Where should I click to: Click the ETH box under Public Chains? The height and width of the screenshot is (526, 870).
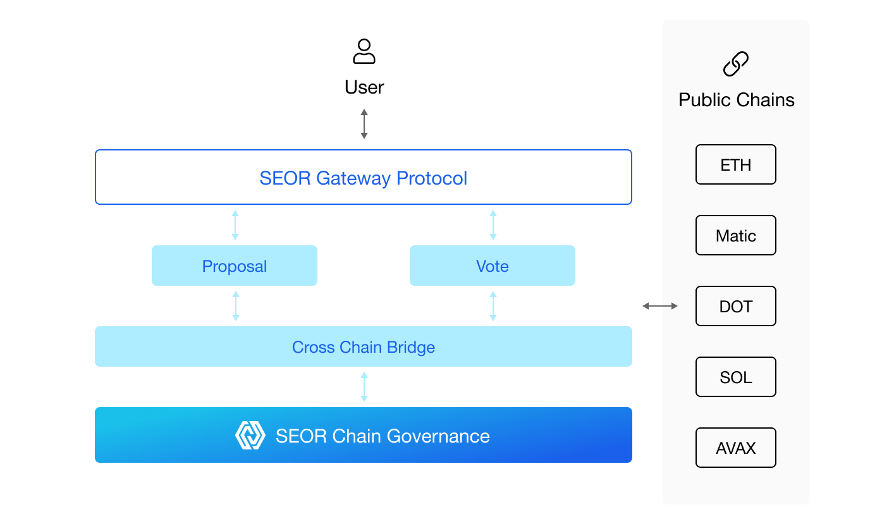point(735,164)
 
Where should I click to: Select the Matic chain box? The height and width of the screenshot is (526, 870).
point(735,235)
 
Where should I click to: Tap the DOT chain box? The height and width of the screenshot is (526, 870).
point(735,306)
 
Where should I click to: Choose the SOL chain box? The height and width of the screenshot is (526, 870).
point(735,377)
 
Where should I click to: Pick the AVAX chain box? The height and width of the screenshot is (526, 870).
point(735,448)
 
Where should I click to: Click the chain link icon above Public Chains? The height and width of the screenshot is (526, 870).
point(735,64)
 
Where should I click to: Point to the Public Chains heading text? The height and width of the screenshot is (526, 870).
point(736,100)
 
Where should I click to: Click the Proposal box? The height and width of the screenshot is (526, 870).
point(234,266)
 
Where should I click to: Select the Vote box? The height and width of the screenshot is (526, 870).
point(492,266)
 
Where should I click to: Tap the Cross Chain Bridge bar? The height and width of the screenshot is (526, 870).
point(363,346)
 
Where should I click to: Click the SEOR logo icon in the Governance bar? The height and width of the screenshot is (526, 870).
point(250,436)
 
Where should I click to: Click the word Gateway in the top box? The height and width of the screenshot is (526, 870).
point(353,178)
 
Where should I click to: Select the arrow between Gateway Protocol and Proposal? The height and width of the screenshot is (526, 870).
point(235,225)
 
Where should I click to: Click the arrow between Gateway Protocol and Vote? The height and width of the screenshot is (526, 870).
point(493,225)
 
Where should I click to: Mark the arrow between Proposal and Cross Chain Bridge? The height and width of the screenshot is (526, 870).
point(235,306)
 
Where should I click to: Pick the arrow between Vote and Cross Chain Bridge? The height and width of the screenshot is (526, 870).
point(493,306)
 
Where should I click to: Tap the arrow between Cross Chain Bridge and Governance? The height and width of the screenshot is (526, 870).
point(364,387)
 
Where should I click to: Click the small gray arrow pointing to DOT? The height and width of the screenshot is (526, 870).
point(670,306)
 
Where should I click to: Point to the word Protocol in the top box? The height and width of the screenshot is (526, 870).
point(432,178)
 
